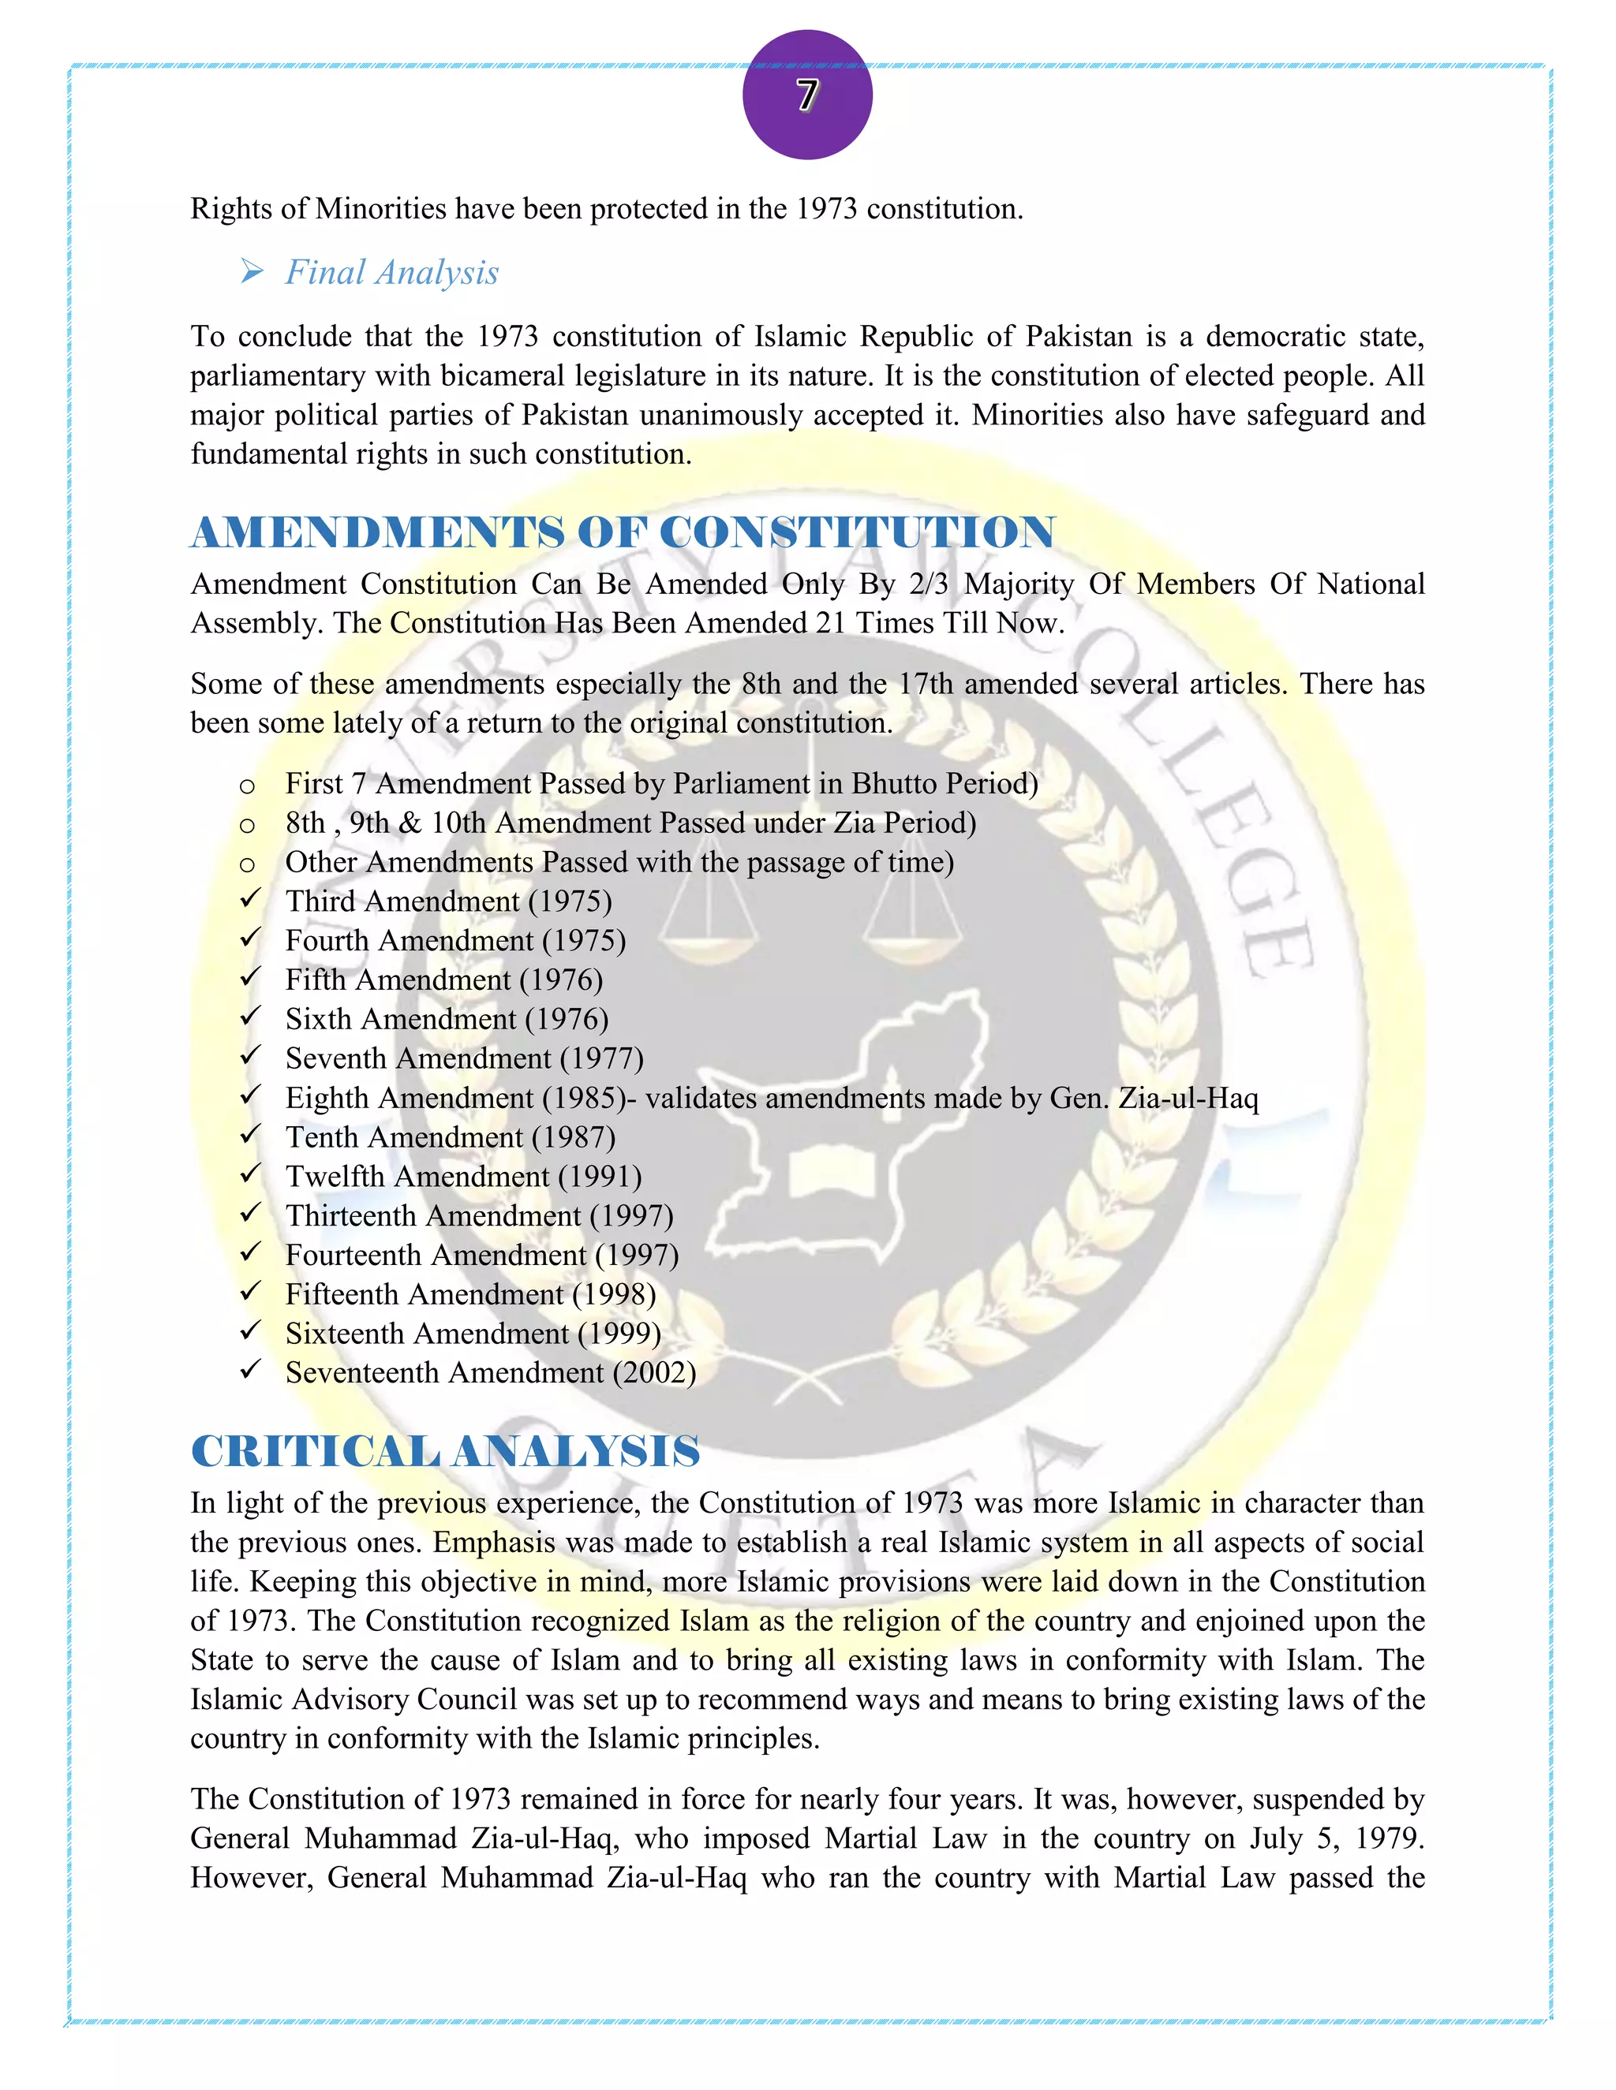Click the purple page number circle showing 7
tap(807, 95)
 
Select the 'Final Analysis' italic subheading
tap(391, 273)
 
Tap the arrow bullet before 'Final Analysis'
tap(252, 273)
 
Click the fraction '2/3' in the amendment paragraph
tap(928, 584)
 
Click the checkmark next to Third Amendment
tap(250, 900)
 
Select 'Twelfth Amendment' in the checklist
tap(417, 1176)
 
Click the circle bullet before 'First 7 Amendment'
tap(247, 786)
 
